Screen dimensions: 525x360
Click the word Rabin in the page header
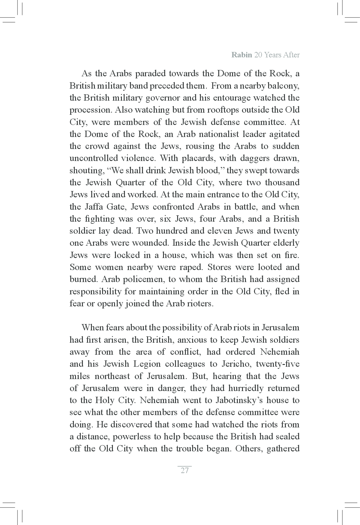click(241, 55)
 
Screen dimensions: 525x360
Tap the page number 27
click(185, 470)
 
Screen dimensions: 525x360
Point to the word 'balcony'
click(283, 86)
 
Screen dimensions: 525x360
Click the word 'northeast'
click(116, 376)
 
